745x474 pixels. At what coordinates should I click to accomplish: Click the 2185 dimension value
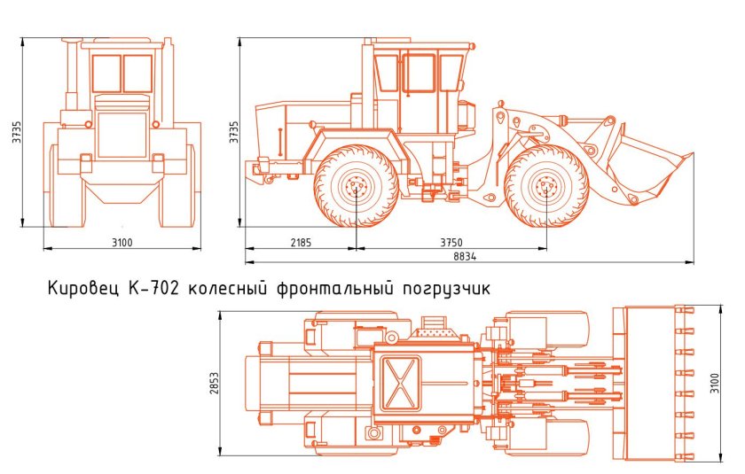[x=299, y=242]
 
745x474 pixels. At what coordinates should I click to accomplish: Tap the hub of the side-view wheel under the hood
[x=356, y=187]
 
